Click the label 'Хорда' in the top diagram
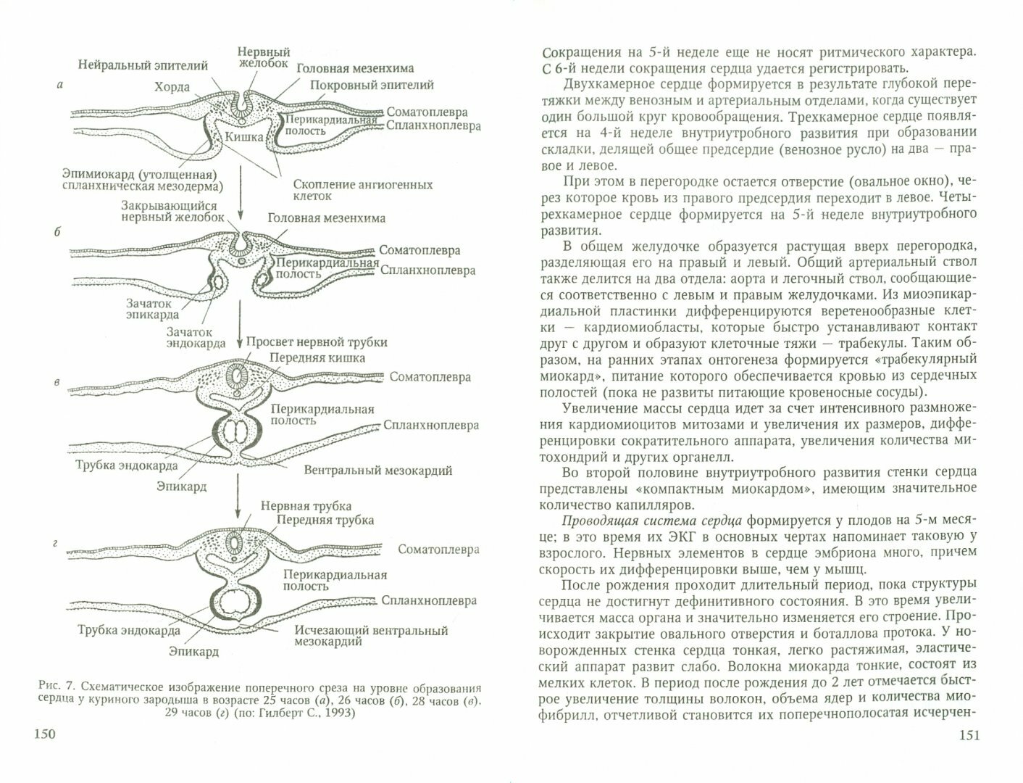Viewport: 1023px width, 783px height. click(172, 87)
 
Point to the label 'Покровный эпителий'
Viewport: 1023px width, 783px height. click(372, 85)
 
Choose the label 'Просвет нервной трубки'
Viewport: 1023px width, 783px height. click(317, 341)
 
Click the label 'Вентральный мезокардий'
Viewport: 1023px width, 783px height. click(378, 470)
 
